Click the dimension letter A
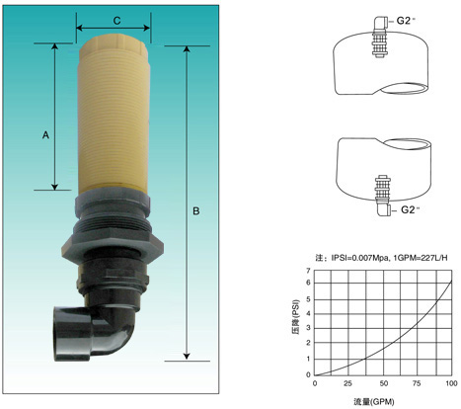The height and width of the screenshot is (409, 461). coord(45,134)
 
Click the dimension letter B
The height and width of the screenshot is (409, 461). coord(196,210)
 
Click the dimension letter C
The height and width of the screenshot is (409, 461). coord(116,21)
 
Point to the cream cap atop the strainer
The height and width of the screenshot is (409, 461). coord(113,46)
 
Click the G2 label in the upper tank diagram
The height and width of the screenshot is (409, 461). coord(405,21)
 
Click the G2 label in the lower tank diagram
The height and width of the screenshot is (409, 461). coord(410,209)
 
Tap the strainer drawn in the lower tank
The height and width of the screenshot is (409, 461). coord(382,189)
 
